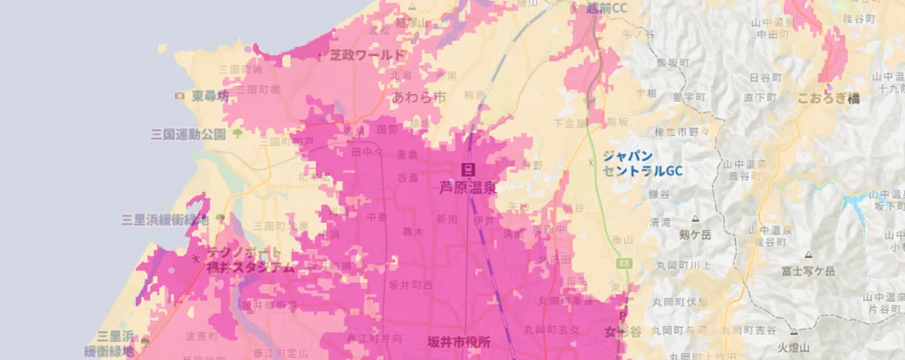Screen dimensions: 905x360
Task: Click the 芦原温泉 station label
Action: pos(467,187)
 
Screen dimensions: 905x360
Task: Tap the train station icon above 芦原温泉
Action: pos(467,170)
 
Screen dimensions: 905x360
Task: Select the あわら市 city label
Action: pos(418,96)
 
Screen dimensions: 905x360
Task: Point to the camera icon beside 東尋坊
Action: pos(180,96)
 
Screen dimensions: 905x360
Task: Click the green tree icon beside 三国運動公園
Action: pos(237,134)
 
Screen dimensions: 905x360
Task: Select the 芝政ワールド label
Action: pos(366,55)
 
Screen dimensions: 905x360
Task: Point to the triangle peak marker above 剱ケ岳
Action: pos(694,218)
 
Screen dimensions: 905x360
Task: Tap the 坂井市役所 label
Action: pos(459,341)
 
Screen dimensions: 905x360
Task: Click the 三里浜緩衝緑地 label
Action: pos(165,219)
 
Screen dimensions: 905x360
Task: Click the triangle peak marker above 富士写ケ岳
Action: pos(808,255)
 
